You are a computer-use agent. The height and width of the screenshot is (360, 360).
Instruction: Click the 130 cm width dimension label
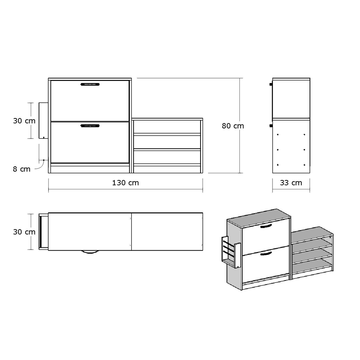pyautogui.click(x=125, y=183)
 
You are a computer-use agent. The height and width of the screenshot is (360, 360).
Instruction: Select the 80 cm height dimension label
pyautogui.click(x=233, y=126)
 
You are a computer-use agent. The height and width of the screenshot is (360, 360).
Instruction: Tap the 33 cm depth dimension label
pyautogui.click(x=291, y=183)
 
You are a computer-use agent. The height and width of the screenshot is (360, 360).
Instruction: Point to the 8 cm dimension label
pyautogui.click(x=22, y=169)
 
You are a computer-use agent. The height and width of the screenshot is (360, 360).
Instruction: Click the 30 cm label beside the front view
pyautogui.click(x=24, y=121)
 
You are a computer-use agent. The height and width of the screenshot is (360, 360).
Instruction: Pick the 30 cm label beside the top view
pyautogui.click(x=24, y=232)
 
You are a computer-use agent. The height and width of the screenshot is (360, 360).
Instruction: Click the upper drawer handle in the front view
pyautogui.click(x=90, y=84)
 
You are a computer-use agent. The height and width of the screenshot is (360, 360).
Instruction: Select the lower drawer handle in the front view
pyautogui.click(x=90, y=126)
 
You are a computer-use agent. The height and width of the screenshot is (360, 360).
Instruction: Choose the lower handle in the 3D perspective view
pyautogui.click(x=266, y=254)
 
